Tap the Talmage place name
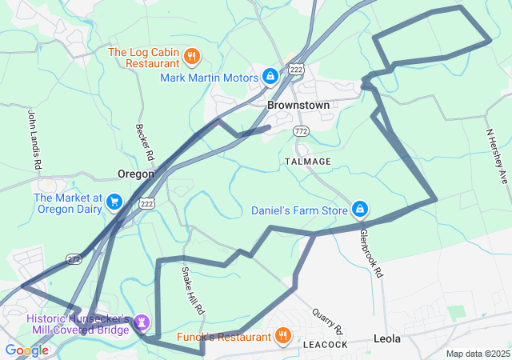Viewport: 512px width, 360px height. (307, 162)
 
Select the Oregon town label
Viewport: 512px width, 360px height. (135, 174)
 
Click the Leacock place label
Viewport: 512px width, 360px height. (326, 345)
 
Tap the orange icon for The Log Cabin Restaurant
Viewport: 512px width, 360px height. (191, 56)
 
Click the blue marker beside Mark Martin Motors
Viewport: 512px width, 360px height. (270, 77)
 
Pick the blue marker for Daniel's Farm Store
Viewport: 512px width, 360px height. (361, 210)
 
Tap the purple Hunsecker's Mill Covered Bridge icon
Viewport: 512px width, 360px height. (143, 323)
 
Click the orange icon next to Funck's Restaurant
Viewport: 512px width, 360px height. (282, 336)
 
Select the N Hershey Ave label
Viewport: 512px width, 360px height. (497, 155)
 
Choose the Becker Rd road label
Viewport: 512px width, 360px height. (144, 142)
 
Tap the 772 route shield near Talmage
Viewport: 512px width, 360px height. (301, 130)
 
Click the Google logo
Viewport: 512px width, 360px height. (26, 350)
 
